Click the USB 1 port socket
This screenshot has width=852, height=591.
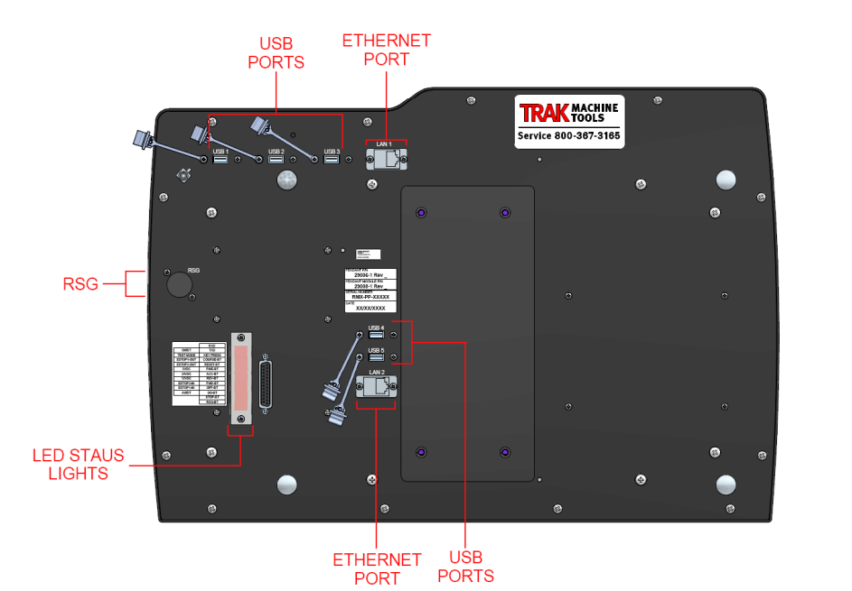click(220, 160)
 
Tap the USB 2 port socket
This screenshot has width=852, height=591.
click(276, 160)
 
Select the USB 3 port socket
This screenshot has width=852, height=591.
click(331, 160)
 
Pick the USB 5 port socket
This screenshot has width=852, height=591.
click(376, 357)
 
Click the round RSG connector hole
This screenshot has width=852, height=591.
click(178, 283)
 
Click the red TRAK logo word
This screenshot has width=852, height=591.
click(545, 113)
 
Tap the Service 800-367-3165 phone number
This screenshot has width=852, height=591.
click(568, 136)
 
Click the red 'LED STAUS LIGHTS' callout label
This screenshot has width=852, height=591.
click(79, 464)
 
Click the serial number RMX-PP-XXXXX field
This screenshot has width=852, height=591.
click(370, 297)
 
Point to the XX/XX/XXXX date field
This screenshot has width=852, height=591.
click(370, 309)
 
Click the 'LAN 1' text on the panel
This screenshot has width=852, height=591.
click(385, 144)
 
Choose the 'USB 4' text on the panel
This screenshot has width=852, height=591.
click(376, 328)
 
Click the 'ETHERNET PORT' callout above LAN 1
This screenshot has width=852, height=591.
click(386, 50)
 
